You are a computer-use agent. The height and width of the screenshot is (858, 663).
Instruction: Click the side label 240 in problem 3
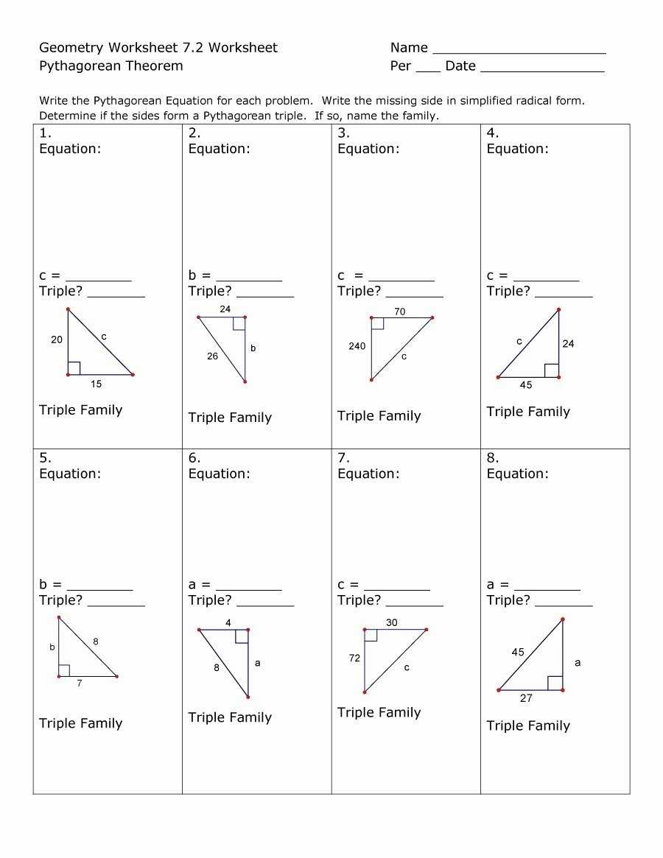(x=357, y=346)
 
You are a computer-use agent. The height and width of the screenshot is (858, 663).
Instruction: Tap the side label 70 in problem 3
(x=399, y=312)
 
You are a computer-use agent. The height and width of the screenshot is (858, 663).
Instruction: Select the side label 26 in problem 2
(x=212, y=356)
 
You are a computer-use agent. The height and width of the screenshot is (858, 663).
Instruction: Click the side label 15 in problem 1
(x=97, y=384)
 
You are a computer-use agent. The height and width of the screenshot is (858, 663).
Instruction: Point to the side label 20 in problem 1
(x=57, y=340)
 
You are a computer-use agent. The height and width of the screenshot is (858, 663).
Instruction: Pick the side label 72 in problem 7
(x=354, y=658)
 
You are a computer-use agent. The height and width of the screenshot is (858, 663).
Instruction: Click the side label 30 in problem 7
(x=391, y=622)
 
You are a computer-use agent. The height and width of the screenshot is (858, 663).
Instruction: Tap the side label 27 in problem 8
(x=526, y=698)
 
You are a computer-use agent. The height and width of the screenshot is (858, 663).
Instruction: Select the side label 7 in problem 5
(x=79, y=683)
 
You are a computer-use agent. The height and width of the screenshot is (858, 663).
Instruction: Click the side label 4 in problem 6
(x=228, y=623)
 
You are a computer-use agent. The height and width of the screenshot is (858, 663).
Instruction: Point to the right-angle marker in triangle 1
(x=74, y=368)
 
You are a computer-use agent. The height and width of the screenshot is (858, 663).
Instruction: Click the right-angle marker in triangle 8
(x=555, y=683)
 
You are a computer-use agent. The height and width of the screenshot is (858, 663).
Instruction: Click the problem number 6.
(x=194, y=458)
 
